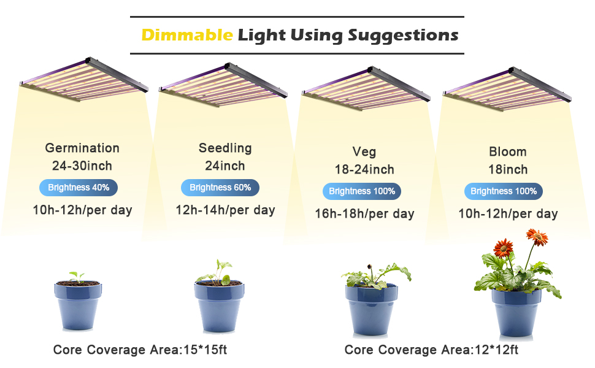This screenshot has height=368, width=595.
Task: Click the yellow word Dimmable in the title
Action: pos(186,36)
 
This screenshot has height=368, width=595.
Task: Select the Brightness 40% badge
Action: pos(79,188)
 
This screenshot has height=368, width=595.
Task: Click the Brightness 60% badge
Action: pos(220,188)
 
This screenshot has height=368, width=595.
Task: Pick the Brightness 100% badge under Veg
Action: pos(362,191)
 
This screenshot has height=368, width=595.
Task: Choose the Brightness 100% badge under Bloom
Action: pos(504,191)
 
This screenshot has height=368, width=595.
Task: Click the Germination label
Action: pos(82,148)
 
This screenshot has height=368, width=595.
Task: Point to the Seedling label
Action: pos(225,148)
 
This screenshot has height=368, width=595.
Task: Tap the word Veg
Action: pos(364,151)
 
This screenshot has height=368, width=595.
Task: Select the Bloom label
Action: pos(508,151)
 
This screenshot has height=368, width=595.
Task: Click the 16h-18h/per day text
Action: pos(364,213)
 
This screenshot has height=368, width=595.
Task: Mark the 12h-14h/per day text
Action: pos(225,210)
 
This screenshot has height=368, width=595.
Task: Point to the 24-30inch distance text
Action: pos(82,166)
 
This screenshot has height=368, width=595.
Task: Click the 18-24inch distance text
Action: pos(364,169)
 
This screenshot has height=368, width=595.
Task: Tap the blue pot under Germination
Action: pos(78,305)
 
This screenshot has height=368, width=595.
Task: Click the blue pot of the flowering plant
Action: pos(516,312)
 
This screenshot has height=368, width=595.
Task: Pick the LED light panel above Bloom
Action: pos(507,89)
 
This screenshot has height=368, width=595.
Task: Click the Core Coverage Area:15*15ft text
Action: pos(140,350)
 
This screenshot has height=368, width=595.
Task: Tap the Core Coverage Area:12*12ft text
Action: pos(431,350)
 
